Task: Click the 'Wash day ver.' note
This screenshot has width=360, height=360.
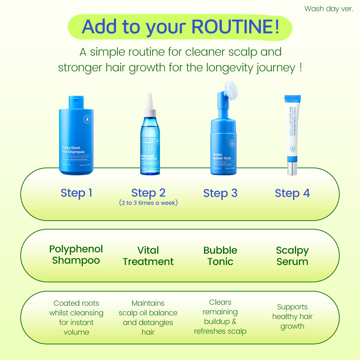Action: [328, 9]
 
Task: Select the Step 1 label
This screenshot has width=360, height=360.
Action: [76, 193]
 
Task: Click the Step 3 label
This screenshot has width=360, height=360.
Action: [220, 193]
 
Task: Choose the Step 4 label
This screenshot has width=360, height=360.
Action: [292, 193]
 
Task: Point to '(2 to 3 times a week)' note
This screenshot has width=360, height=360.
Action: [148, 203]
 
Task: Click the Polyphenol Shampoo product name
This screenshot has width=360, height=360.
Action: [76, 255]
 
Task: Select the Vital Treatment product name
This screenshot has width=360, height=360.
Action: [148, 256]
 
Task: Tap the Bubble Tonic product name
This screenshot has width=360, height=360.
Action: [220, 256]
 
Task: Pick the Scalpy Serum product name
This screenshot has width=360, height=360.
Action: [292, 256]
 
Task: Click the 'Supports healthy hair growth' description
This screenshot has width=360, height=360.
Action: [292, 317]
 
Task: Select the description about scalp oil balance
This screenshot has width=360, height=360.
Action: [148, 318]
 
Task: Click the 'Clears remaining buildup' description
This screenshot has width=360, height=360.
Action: [220, 317]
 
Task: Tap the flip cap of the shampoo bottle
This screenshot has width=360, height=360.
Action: [76, 102]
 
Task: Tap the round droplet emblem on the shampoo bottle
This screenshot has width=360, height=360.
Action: [87, 119]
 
